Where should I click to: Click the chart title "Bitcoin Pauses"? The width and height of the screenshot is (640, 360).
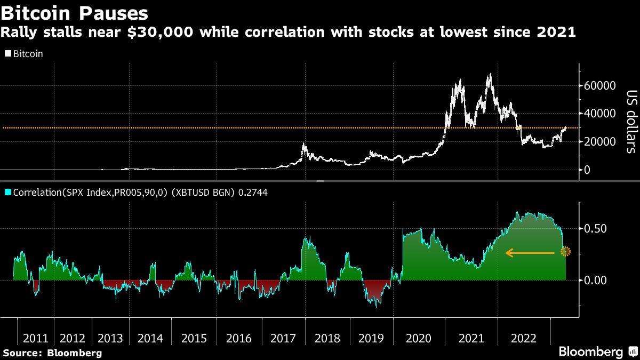(75, 11)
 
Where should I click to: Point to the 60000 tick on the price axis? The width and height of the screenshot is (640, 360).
(601, 86)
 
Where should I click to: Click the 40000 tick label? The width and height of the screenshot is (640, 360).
(601, 114)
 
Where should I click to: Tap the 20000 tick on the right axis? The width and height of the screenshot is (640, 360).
(601, 142)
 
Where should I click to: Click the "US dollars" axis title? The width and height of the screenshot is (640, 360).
(630, 121)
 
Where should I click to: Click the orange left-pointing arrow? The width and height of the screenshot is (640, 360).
(530, 253)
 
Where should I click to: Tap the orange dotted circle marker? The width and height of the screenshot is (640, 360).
(565, 251)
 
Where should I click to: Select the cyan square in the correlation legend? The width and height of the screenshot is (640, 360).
(7, 191)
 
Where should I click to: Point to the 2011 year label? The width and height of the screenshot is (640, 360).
(36, 338)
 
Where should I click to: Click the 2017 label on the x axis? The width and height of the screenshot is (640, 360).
(283, 338)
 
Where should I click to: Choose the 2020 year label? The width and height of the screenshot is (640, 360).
(418, 338)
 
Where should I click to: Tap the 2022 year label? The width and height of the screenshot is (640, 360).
(523, 338)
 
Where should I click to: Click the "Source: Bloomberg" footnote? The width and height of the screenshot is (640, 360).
(52, 353)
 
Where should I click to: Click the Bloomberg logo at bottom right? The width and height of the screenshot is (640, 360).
(596, 351)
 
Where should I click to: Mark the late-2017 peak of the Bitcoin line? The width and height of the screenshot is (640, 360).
(304, 144)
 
